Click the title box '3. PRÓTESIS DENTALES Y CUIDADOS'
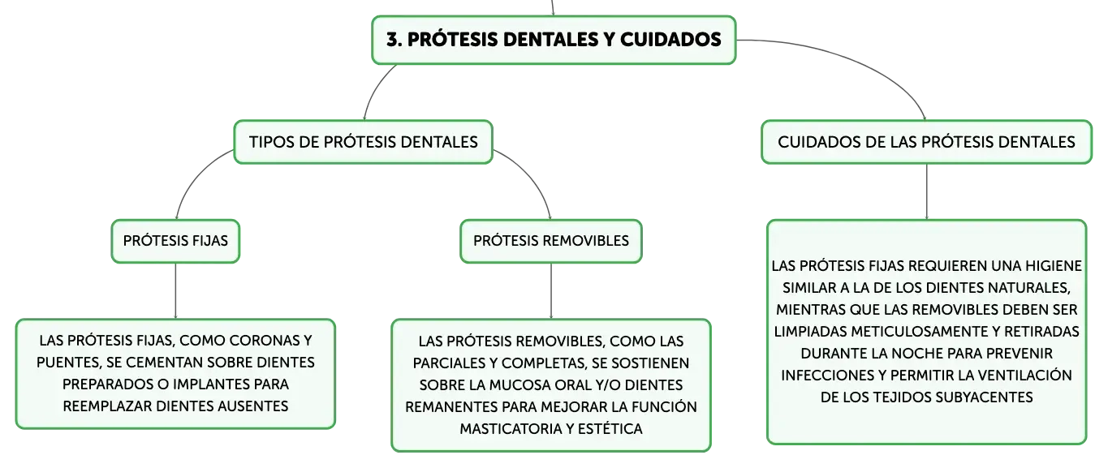point(554,40)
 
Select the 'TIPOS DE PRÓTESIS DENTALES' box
point(363,142)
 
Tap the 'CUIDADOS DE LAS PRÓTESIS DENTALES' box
point(926,142)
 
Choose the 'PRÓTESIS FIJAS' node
point(175,241)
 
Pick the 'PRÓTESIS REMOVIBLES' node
point(551,241)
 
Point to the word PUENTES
point(69,363)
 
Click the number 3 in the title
point(393,40)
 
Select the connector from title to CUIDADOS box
point(860,62)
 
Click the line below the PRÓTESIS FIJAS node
point(175,291)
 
